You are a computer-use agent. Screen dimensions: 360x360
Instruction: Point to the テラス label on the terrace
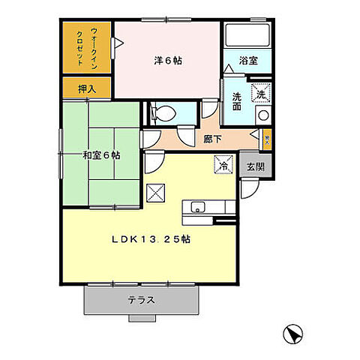[141, 300]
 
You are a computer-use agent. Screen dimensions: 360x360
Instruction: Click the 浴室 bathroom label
[248, 61]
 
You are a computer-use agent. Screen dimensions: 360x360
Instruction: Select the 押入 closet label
[87, 88]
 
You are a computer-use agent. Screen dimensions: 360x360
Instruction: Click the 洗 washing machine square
[260, 94]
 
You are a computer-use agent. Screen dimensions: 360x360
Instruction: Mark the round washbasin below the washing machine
[262, 115]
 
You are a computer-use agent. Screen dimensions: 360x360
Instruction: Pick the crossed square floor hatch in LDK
[156, 193]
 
